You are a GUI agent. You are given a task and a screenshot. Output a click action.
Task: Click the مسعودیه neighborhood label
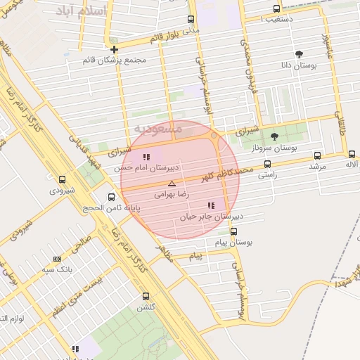click(157, 129)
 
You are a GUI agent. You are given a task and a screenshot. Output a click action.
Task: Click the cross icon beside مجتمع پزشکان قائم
click(114, 49)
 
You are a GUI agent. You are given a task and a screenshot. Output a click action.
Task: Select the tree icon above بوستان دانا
click(300, 53)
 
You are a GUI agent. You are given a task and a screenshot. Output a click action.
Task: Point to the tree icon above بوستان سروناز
click(274, 136)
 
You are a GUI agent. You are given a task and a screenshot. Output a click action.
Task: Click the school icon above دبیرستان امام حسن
click(146, 157)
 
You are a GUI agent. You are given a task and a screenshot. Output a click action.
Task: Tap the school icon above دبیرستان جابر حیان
click(210, 205)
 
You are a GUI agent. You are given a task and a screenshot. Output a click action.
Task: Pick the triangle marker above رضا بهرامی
click(172, 183)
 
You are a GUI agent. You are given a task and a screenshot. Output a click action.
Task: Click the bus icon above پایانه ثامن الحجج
click(111, 198)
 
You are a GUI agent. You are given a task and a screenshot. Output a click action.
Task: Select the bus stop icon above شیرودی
click(62, 179)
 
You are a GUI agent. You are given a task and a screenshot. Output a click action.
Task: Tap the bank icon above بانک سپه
click(57, 259)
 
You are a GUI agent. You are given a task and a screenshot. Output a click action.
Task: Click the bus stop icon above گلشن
click(146, 296)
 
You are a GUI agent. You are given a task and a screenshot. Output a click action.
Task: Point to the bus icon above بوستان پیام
click(233, 231)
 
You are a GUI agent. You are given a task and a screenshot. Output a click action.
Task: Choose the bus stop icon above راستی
click(267, 164)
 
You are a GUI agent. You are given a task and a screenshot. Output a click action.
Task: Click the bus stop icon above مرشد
click(317, 156)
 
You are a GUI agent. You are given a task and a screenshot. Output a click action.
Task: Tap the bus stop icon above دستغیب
click(276, 9)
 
